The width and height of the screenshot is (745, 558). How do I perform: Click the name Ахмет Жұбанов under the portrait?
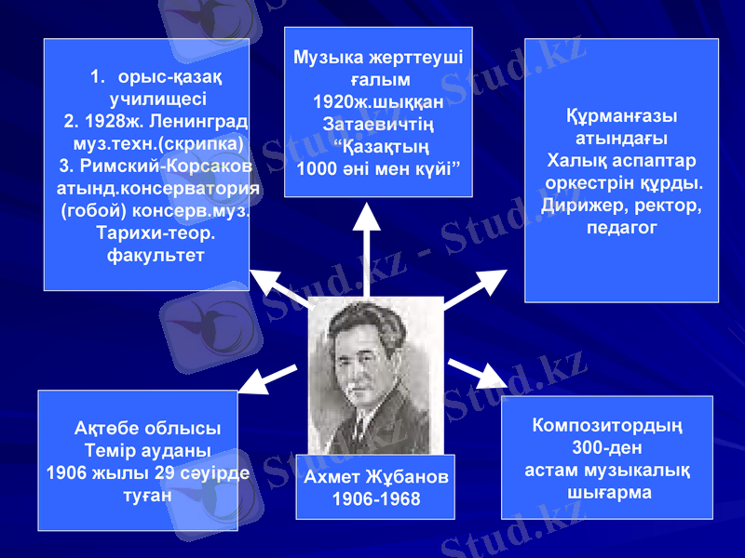click(x=375, y=477)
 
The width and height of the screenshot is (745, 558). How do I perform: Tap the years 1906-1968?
click(x=375, y=499)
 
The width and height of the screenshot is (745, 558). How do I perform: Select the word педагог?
click(x=621, y=226)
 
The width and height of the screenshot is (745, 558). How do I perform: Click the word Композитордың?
click(x=607, y=427)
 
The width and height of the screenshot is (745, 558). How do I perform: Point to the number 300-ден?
click(x=607, y=448)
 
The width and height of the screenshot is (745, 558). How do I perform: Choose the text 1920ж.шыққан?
click(x=378, y=100)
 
